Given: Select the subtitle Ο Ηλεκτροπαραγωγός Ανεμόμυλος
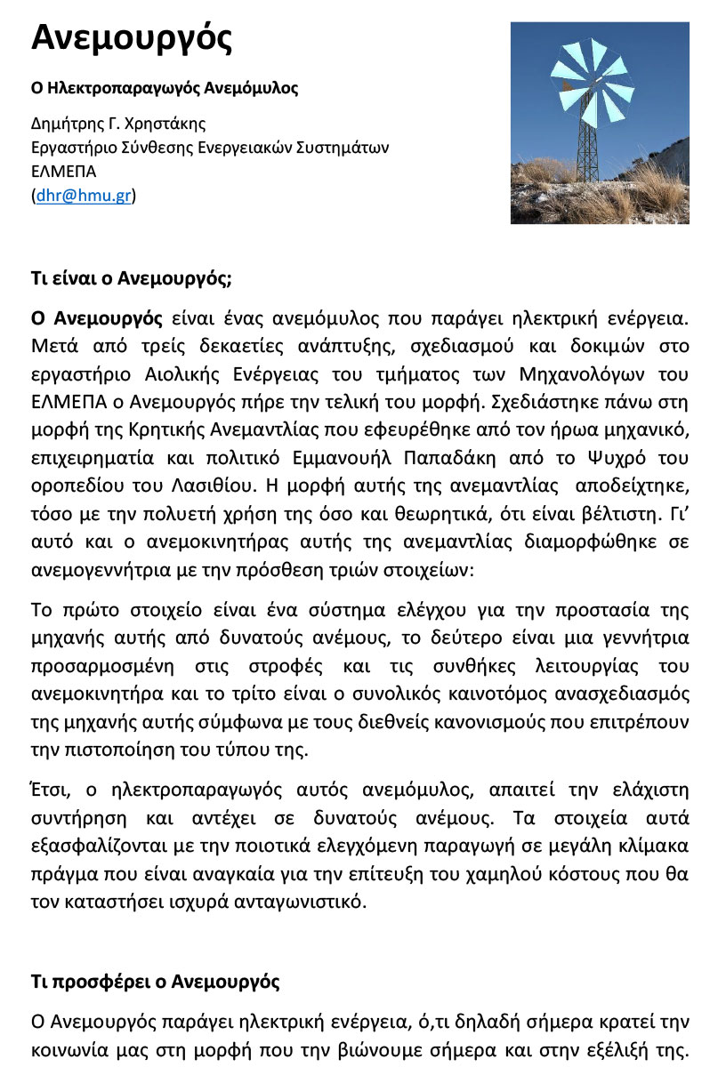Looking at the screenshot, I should (x=165, y=88).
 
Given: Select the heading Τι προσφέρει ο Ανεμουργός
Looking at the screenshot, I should (x=156, y=983).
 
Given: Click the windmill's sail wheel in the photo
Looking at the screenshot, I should (x=590, y=82).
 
